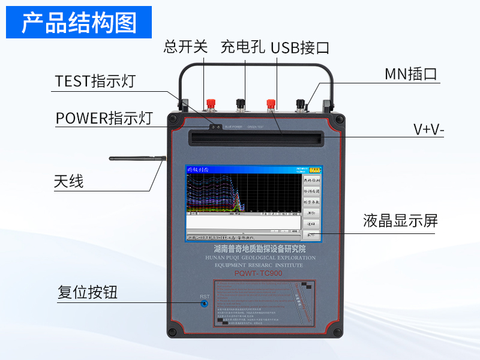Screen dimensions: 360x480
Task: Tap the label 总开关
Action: coord(185,47)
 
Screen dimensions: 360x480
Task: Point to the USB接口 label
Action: coord(299,47)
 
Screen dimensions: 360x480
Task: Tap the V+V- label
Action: coord(429,130)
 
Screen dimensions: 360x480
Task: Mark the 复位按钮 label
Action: coord(88,293)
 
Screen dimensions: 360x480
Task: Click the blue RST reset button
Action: coord(205,304)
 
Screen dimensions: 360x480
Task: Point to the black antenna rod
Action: coord(137,159)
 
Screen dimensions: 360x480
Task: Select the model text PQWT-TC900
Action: coord(258,274)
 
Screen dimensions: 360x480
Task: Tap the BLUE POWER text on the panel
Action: coord(233,127)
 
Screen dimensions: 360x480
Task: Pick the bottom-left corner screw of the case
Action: coord(173,331)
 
